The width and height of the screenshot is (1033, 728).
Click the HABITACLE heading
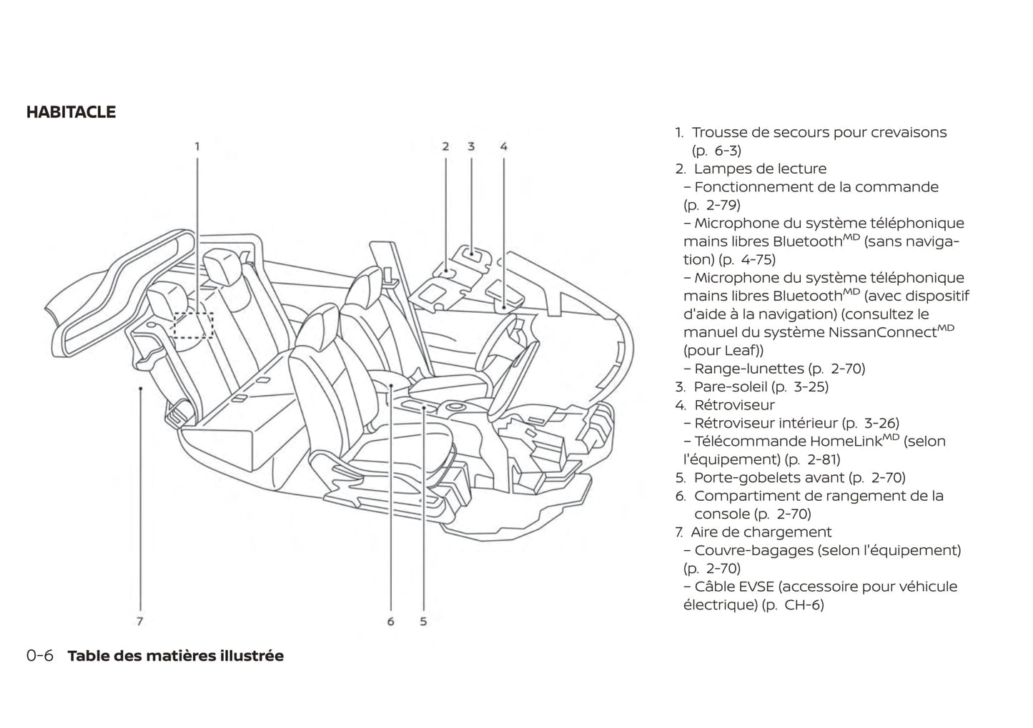tap(71, 112)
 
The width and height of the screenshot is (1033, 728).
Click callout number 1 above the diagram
tap(197, 146)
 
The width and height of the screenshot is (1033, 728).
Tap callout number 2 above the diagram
tap(445, 146)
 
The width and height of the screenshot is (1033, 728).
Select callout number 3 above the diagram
tap(471, 146)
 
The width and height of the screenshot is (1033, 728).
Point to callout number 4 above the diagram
tap(504, 146)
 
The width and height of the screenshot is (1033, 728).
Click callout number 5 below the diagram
tap(423, 622)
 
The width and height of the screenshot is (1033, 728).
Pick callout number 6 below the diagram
tap(390, 622)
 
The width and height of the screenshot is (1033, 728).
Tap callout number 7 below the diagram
tap(140, 622)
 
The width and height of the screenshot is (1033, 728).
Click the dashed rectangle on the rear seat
tap(193, 324)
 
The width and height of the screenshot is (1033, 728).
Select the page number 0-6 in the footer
tap(40, 656)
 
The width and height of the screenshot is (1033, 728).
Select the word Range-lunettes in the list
tap(749, 369)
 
